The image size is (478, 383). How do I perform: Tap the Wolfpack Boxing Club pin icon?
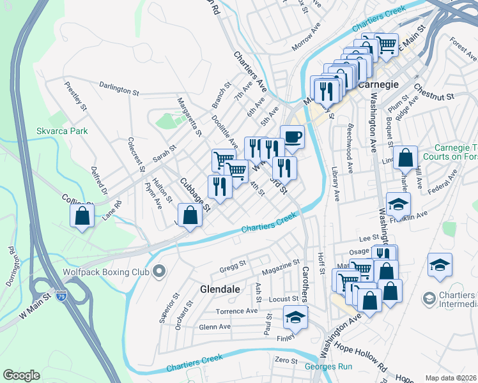[159, 272]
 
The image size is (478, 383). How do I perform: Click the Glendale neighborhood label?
[220, 289]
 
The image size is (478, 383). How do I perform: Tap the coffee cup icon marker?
[292, 137]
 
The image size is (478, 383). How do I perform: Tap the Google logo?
[21, 375]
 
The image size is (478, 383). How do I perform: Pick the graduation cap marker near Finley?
[295, 317]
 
